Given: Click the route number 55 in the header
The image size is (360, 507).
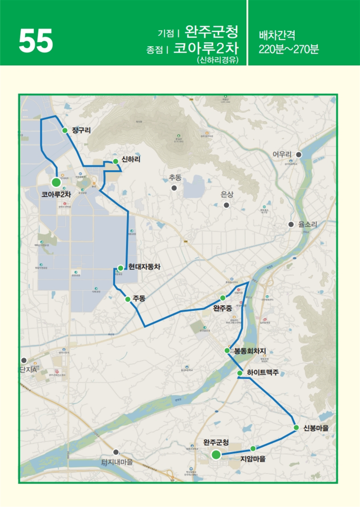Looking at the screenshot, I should [x=35, y=41].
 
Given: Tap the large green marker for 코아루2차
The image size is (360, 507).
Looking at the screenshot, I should [x=56, y=182].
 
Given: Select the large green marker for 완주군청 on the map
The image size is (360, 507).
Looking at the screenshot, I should [x=216, y=454].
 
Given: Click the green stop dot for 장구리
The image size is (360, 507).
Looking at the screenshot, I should [x=65, y=131].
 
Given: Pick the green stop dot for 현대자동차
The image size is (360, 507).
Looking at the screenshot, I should [x=120, y=268].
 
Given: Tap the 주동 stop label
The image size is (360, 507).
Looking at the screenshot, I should [x=139, y=298].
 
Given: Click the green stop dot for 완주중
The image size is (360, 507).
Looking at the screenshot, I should [x=223, y=298].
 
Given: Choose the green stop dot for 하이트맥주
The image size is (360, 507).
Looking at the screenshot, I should [x=240, y=373].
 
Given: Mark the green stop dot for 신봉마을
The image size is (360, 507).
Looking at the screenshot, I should [x=296, y=427].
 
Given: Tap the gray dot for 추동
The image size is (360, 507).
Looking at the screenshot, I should [x=174, y=188].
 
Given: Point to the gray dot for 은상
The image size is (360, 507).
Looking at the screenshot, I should [x=226, y=205].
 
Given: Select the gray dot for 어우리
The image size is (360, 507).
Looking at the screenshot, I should [x=298, y=154].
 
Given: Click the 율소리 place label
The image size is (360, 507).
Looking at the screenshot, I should [x=308, y=224].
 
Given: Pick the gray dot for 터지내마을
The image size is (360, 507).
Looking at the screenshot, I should [x=116, y=452].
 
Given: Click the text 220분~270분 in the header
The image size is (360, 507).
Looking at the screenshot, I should [x=289, y=49].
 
